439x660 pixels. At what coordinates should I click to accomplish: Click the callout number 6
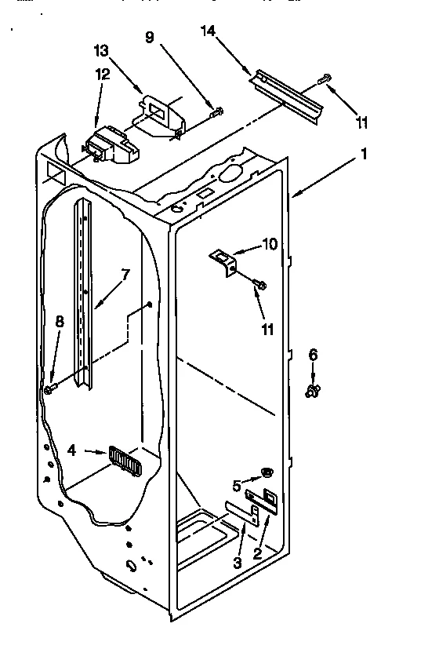[313, 355]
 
